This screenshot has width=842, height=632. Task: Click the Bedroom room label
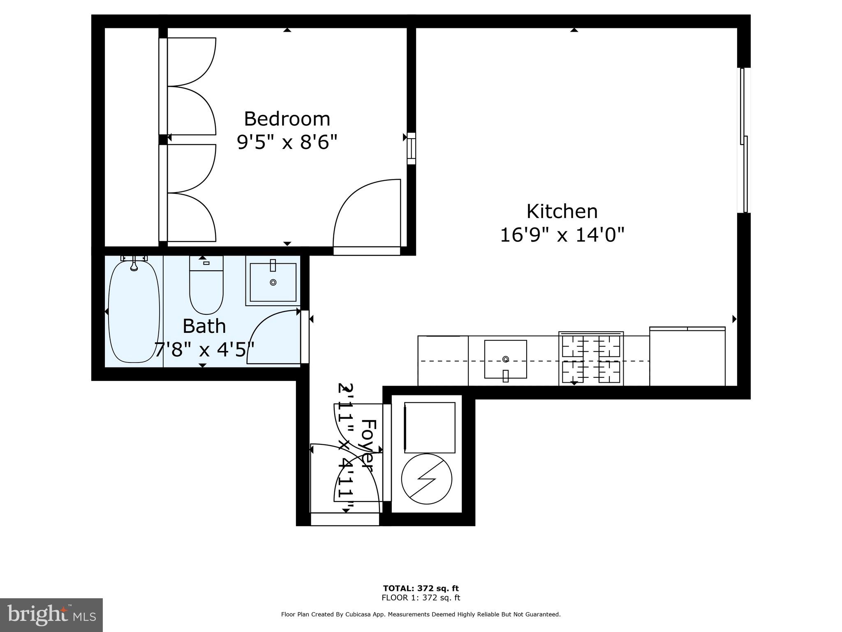(287, 119)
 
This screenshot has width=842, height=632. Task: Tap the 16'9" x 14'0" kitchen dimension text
(562, 235)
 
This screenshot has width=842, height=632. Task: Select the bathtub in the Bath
(134, 311)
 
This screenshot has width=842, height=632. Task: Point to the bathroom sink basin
(273, 282)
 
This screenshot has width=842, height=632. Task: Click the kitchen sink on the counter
(505, 359)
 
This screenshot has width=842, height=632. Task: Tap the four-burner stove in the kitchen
(591, 359)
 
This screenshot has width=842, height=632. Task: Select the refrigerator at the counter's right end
(687, 357)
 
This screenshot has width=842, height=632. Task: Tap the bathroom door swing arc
(269, 335)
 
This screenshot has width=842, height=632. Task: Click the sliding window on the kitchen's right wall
(744, 140)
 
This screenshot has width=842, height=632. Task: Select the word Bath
(204, 326)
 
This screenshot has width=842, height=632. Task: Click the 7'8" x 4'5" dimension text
(204, 350)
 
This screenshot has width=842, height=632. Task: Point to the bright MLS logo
(51, 615)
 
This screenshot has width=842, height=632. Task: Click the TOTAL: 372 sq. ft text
(421, 588)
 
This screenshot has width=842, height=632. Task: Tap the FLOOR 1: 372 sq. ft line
(421, 598)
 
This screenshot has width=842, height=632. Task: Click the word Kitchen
(562, 211)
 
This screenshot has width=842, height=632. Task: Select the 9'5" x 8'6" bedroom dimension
(287, 143)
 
